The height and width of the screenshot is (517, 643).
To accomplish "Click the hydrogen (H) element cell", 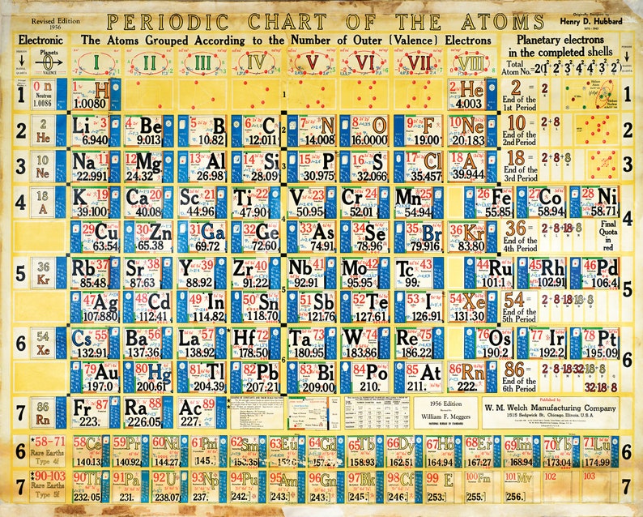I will (91, 94).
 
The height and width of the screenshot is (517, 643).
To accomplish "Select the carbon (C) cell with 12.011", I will (253, 130).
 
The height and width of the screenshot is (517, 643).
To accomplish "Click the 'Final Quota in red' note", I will (608, 235).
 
